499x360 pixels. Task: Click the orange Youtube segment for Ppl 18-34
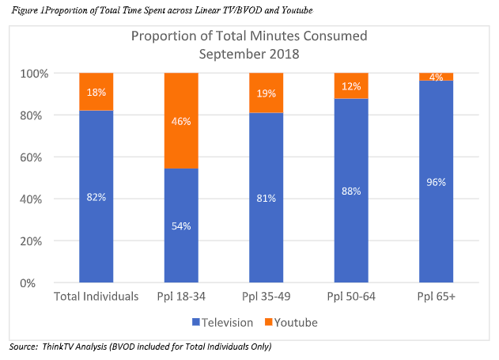(181, 120)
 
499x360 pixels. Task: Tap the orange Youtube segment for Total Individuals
(96, 92)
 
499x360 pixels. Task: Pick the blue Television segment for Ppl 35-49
(266, 198)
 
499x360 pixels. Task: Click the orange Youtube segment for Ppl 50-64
(350, 85)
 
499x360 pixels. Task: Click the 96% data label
(436, 181)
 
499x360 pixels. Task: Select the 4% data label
(436, 77)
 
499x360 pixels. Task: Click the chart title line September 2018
(249, 54)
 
